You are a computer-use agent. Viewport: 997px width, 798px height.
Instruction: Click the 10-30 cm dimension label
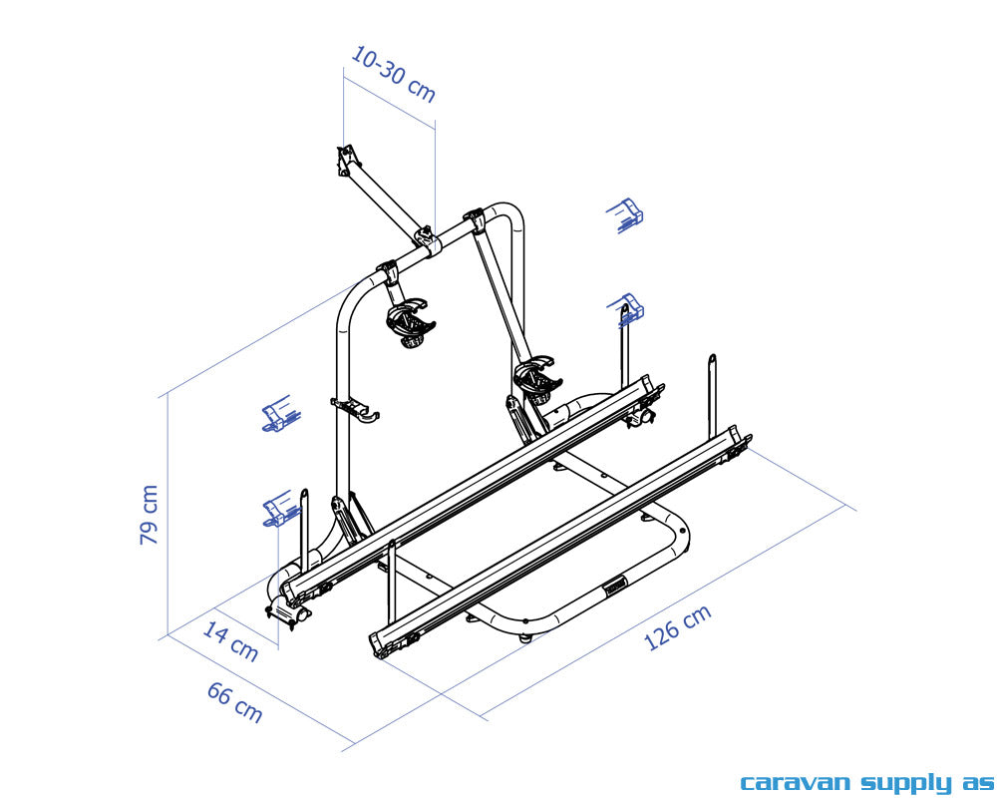(393, 74)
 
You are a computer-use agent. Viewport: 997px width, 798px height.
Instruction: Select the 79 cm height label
(149, 515)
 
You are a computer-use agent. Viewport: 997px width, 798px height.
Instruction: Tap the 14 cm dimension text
(230, 641)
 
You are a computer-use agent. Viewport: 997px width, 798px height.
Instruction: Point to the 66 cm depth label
(235, 702)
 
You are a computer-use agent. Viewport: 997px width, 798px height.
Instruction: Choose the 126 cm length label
(678, 627)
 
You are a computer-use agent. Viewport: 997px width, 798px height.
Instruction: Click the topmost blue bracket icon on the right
(626, 215)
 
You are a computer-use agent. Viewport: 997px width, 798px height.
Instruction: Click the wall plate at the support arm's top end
(346, 160)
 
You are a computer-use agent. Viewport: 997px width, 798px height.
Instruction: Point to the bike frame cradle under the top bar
(410, 324)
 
